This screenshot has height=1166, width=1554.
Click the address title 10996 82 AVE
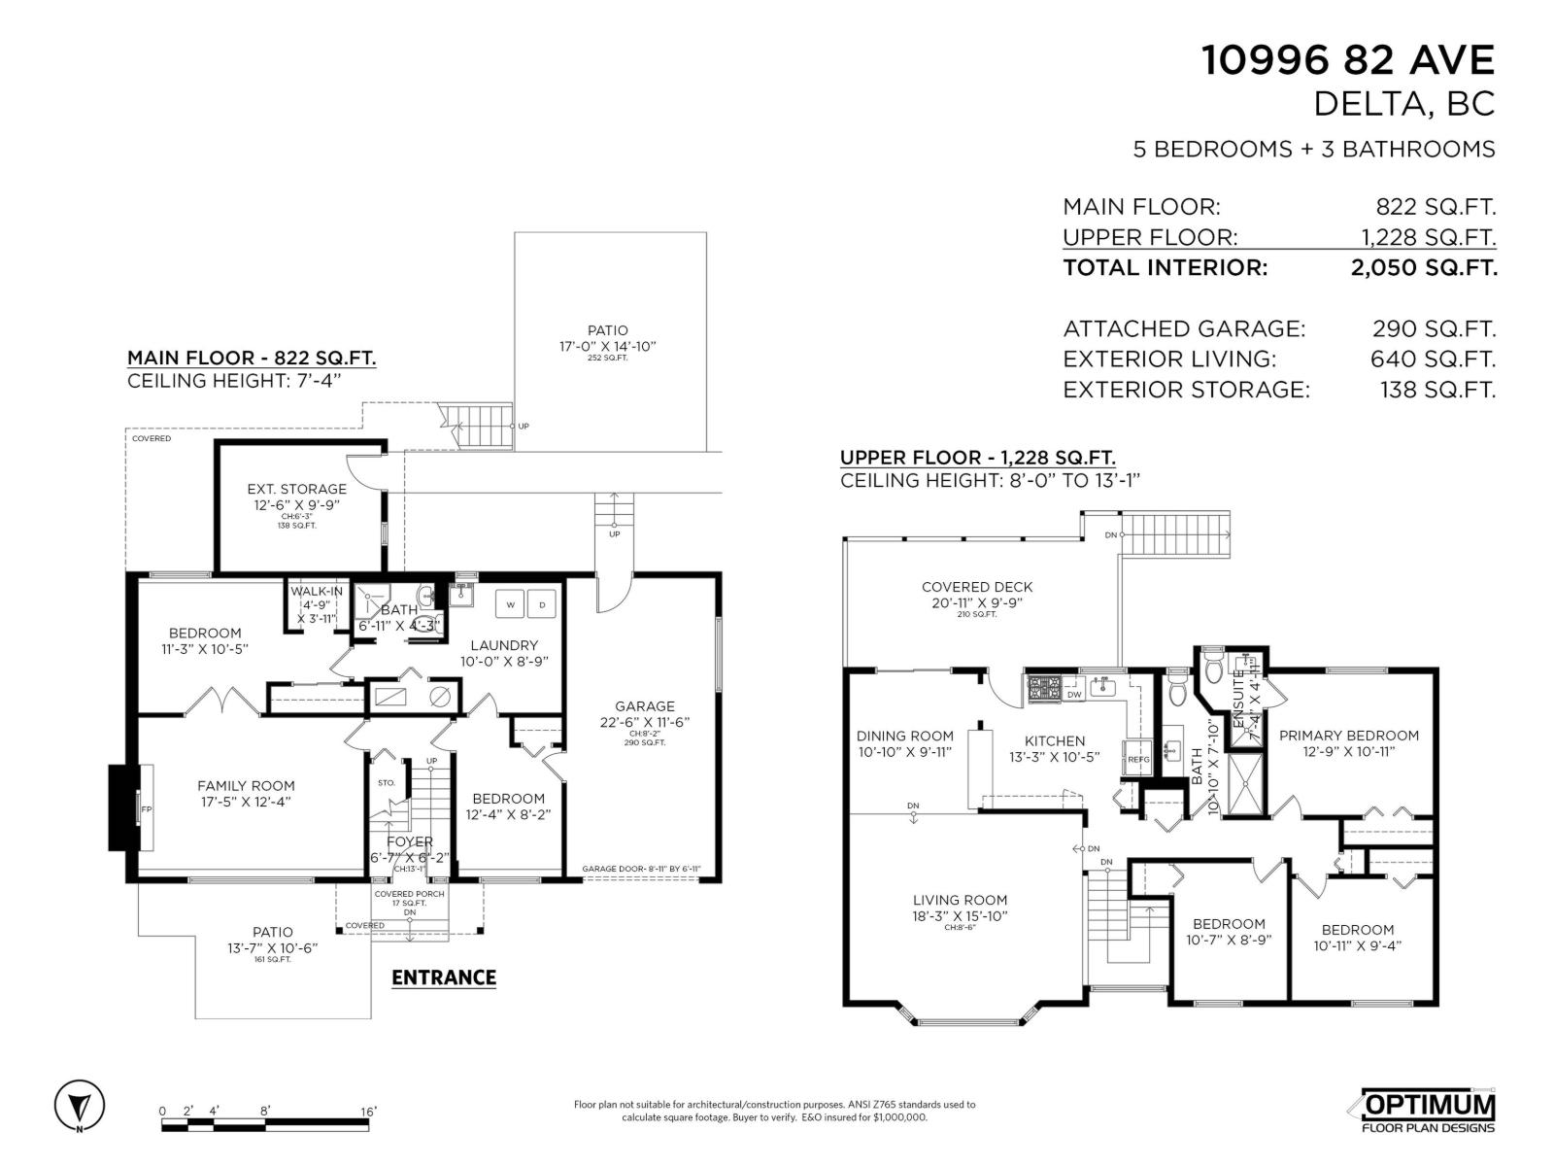[1348, 60]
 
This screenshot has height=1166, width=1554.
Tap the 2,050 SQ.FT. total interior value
[1423, 268]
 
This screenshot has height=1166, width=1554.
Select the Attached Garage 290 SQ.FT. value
[1434, 328]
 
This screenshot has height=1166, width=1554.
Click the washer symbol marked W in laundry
[510, 604]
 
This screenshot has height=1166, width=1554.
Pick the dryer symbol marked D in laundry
[542, 604]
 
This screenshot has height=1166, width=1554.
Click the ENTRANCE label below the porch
[444, 977]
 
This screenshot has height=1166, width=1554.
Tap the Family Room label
[246, 786]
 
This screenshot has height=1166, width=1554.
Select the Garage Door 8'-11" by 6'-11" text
[641, 870]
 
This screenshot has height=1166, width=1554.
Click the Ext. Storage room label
[296, 489]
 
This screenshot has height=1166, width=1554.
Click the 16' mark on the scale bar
[368, 1111]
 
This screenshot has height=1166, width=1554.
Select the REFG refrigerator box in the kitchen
[1137, 759]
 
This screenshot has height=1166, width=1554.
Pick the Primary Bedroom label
[1348, 736]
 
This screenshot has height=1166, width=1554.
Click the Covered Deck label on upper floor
[977, 587]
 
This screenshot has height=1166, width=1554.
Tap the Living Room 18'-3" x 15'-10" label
[960, 908]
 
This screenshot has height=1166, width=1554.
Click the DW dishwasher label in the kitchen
[1074, 695]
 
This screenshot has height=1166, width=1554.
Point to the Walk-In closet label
[316, 592]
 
